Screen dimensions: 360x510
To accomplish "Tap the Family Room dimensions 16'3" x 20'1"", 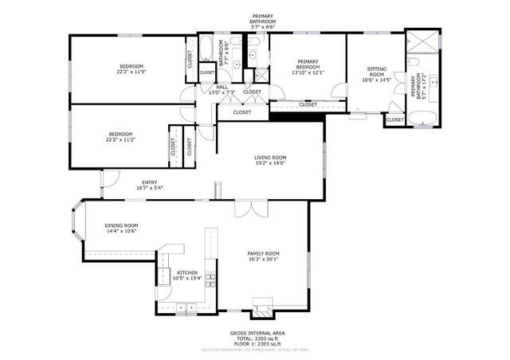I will pyautogui.click(x=265, y=259).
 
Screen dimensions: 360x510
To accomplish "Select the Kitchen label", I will pyautogui.click(x=186, y=272).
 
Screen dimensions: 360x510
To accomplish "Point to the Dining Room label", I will pyautogui.click(x=121, y=225).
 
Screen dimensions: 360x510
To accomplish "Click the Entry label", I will pyautogui.click(x=149, y=182).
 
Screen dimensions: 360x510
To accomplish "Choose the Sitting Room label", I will pyautogui.click(x=376, y=72).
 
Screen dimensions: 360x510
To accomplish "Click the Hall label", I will pyautogui.click(x=222, y=87).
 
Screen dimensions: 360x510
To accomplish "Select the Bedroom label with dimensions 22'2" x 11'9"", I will pyautogui.click(x=131, y=65).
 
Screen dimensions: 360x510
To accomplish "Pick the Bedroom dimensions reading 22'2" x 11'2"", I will pyautogui.click(x=120, y=139).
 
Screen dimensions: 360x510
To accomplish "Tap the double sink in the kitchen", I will pyautogui.click(x=186, y=306).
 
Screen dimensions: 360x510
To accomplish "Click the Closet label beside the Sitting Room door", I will pyautogui.click(x=394, y=119).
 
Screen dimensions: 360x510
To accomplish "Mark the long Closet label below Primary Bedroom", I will pyautogui.click(x=308, y=104).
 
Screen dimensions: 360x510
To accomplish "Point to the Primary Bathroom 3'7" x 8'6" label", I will pyautogui.click(x=263, y=22).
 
